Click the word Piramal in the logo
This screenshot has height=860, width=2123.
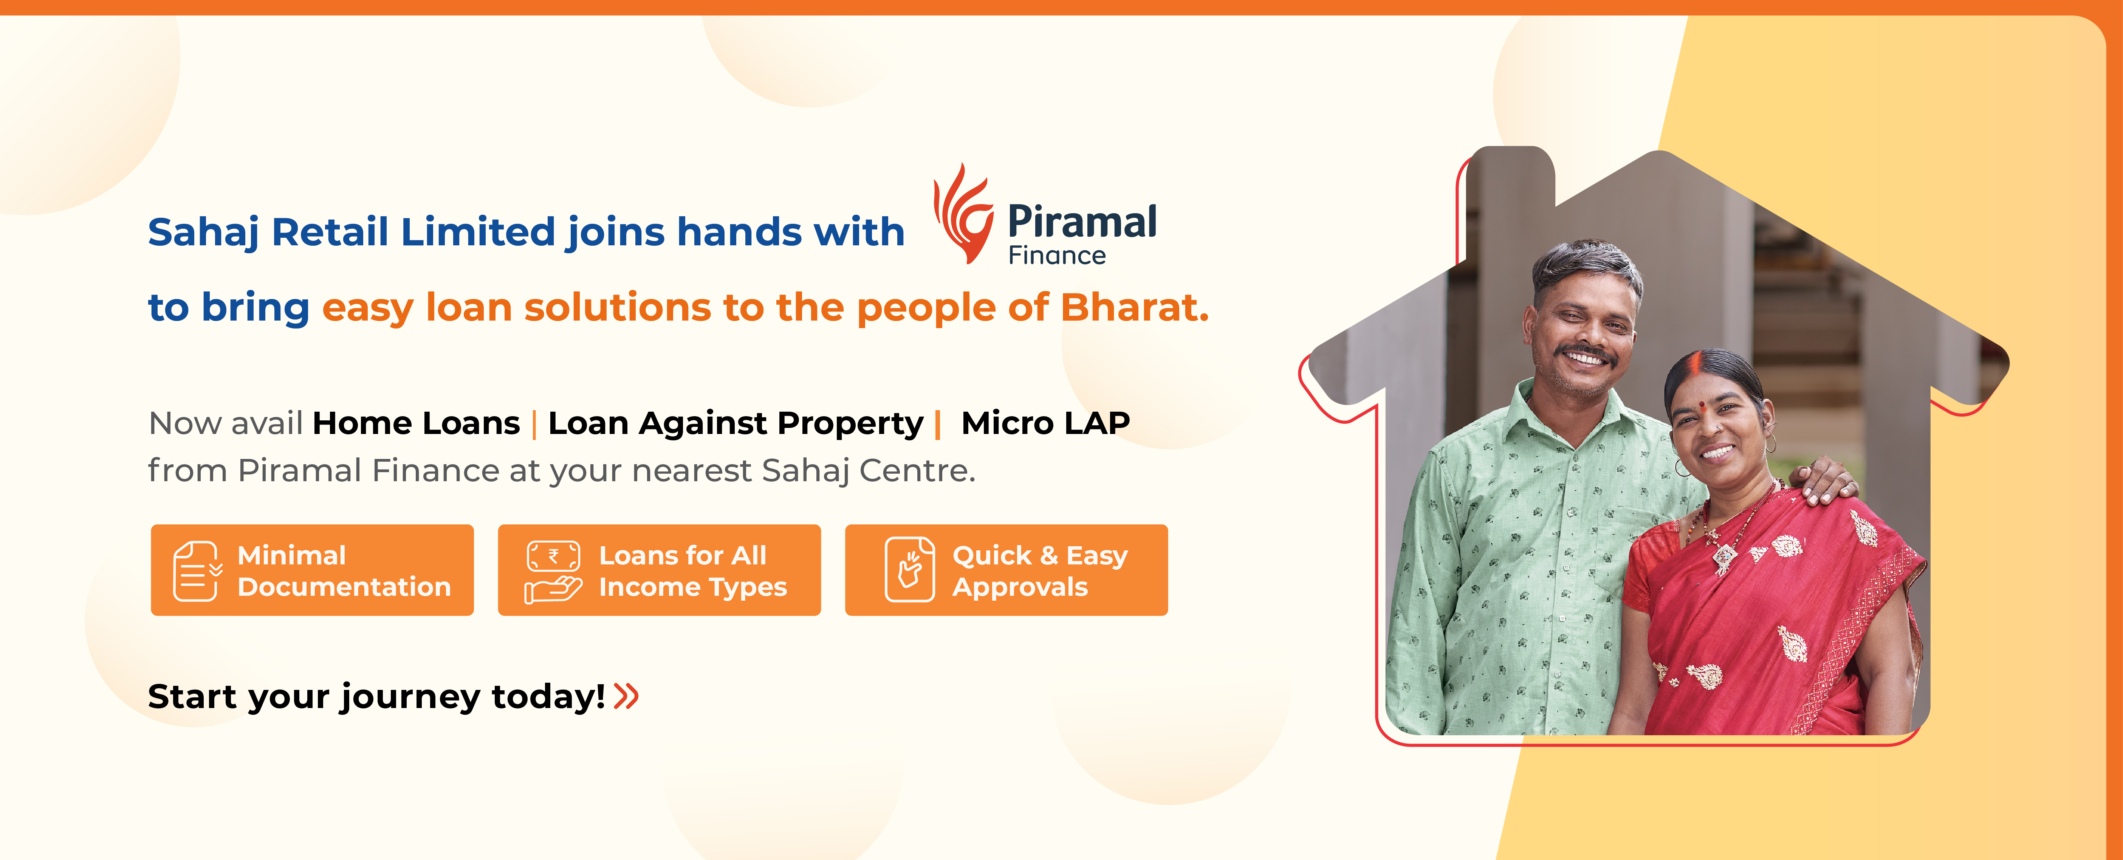click(x=1082, y=222)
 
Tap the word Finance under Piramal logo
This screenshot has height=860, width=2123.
click(x=1056, y=256)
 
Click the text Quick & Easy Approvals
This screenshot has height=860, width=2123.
click(x=1040, y=570)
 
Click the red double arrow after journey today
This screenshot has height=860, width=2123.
click(x=626, y=696)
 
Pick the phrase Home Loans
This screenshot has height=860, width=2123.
click(x=416, y=423)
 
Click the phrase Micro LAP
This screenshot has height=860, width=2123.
click(x=1045, y=423)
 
